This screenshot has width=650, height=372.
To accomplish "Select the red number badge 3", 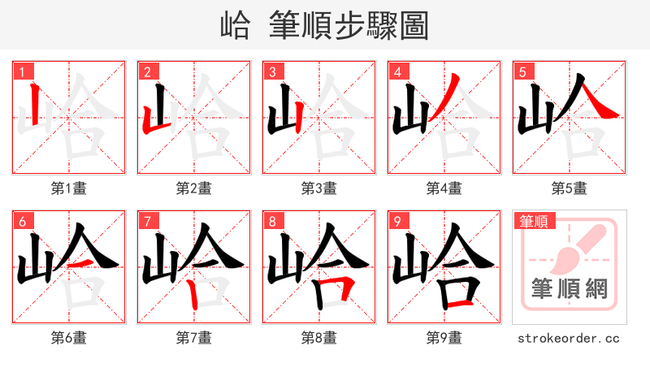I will click(272, 71).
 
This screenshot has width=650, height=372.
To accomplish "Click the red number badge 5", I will click(522, 71).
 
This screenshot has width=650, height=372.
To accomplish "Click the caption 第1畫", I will click(69, 188).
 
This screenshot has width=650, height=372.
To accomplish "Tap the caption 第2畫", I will click(194, 188).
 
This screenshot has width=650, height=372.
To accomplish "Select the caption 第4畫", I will click(444, 188).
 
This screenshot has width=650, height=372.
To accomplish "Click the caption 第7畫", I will click(194, 337).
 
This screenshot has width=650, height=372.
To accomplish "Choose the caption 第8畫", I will click(319, 337).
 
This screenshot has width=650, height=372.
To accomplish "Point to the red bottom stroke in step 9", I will click(460, 302).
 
